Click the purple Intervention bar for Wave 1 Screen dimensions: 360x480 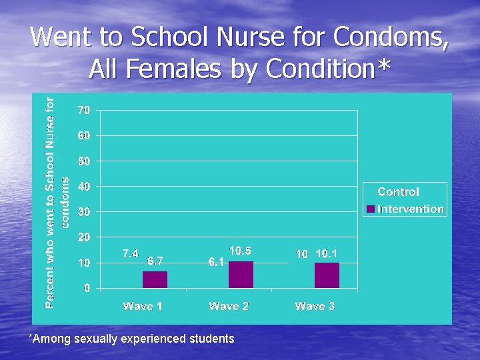click(x=155, y=279)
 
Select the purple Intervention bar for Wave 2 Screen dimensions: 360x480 click(x=241, y=275)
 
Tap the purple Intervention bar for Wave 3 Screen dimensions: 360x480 click(x=327, y=275)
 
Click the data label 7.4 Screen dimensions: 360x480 click(x=131, y=254)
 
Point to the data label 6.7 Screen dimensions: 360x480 click(x=155, y=261)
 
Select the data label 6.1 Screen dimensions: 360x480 click(x=216, y=263)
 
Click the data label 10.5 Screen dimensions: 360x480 click(x=241, y=251)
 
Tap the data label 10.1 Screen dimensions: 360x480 click(x=327, y=254)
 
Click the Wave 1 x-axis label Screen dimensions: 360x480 click(x=143, y=306)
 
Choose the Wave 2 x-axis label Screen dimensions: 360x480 click(x=229, y=306)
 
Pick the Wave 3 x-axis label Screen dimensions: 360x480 click(x=315, y=306)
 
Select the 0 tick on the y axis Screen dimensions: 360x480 click(x=87, y=288)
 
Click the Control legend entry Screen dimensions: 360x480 click(x=398, y=192)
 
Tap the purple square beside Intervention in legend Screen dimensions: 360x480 click(x=371, y=209)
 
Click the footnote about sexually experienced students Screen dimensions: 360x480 click(x=131, y=339)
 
